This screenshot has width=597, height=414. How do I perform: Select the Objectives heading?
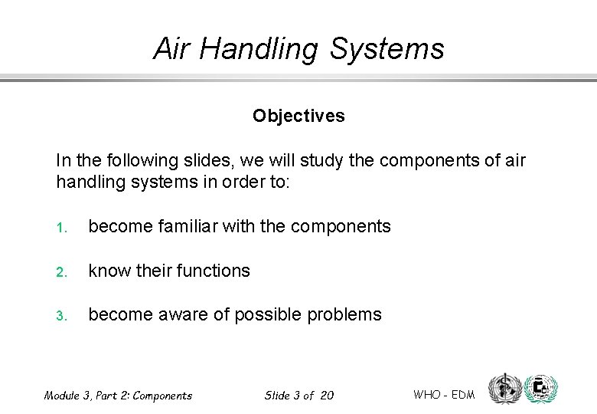(298, 116)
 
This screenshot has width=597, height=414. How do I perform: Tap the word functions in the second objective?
(211, 271)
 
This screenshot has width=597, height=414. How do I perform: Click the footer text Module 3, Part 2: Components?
(118, 396)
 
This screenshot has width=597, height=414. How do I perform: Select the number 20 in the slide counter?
(327, 396)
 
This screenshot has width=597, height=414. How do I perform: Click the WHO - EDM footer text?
(444, 395)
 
